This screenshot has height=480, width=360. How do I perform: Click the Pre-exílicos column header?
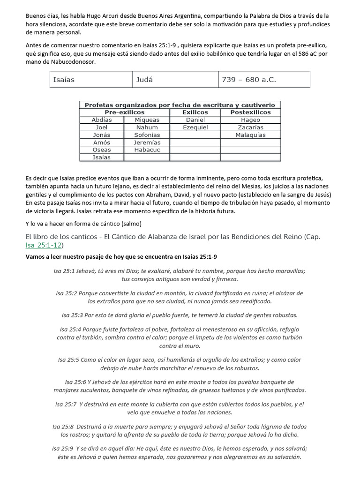click(x=124, y=112)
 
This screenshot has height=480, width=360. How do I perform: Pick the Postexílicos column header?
click(x=250, y=112)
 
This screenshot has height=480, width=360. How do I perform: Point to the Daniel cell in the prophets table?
click(x=195, y=120)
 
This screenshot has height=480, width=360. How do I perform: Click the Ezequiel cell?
click(x=195, y=127)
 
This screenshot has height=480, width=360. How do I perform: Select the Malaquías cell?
click(x=250, y=135)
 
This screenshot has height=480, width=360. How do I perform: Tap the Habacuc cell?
click(x=147, y=150)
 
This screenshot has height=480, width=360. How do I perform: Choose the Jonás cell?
click(x=102, y=135)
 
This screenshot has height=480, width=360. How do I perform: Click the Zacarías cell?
click(x=250, y=127)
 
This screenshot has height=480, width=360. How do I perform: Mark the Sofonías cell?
click(x=147, y=135)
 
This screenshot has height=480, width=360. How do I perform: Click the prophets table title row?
click(x=180, y=105)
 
